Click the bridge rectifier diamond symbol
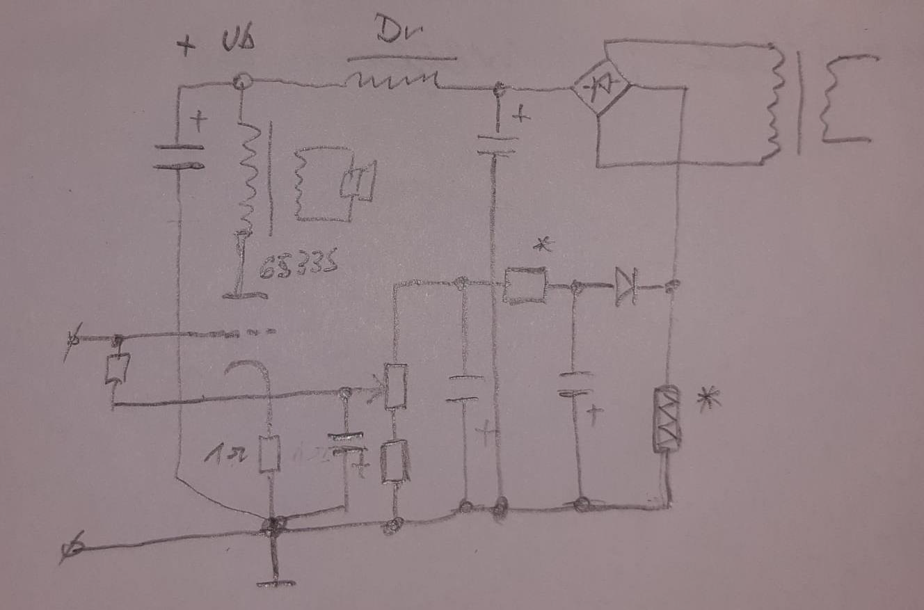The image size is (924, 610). click(x=600, y=86)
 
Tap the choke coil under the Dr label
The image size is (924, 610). click(x=392, y=81)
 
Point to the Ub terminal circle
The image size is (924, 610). click(x=241, y=82)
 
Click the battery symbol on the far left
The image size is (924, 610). click(x=179, y=157)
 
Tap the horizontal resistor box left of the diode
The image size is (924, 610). click(x=525, y=285)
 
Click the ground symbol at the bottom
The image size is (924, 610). click(x=276, y=581)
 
